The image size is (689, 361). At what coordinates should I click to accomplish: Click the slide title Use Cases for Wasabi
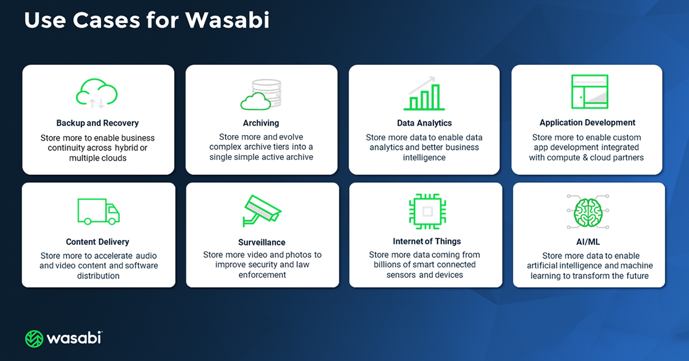[x=146, y=21]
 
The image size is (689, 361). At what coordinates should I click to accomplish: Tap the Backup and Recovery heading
[x=98, y=123]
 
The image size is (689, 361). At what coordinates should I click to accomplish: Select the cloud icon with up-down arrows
[x=97, y=94]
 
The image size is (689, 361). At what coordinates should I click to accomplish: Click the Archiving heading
[x=261, y=123]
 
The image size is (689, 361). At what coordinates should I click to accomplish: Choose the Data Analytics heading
[x=424, y=123]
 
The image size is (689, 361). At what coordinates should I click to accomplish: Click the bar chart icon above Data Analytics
[x=424, y=94]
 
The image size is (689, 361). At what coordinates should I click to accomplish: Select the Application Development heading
[x=587, y=122]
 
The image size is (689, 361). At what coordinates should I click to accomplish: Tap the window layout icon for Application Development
[x=590, y=91]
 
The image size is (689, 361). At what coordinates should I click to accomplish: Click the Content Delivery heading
[x=98, y=242]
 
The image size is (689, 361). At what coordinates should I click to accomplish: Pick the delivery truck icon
[x=98, y=211]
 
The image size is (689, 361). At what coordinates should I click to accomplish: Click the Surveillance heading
[x=262, y=242]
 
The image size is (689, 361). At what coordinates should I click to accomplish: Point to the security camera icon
[x=261, y=211]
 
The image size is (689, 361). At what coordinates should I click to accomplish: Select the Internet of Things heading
[x=427, y=241]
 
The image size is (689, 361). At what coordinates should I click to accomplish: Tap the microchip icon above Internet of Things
[x=427, y=211]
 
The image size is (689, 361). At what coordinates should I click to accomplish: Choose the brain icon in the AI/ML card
[x=588, y=211]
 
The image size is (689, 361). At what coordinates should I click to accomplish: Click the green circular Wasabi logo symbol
[x=34, y=339]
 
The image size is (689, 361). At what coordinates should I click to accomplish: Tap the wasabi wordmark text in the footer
[x=75, y=338]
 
